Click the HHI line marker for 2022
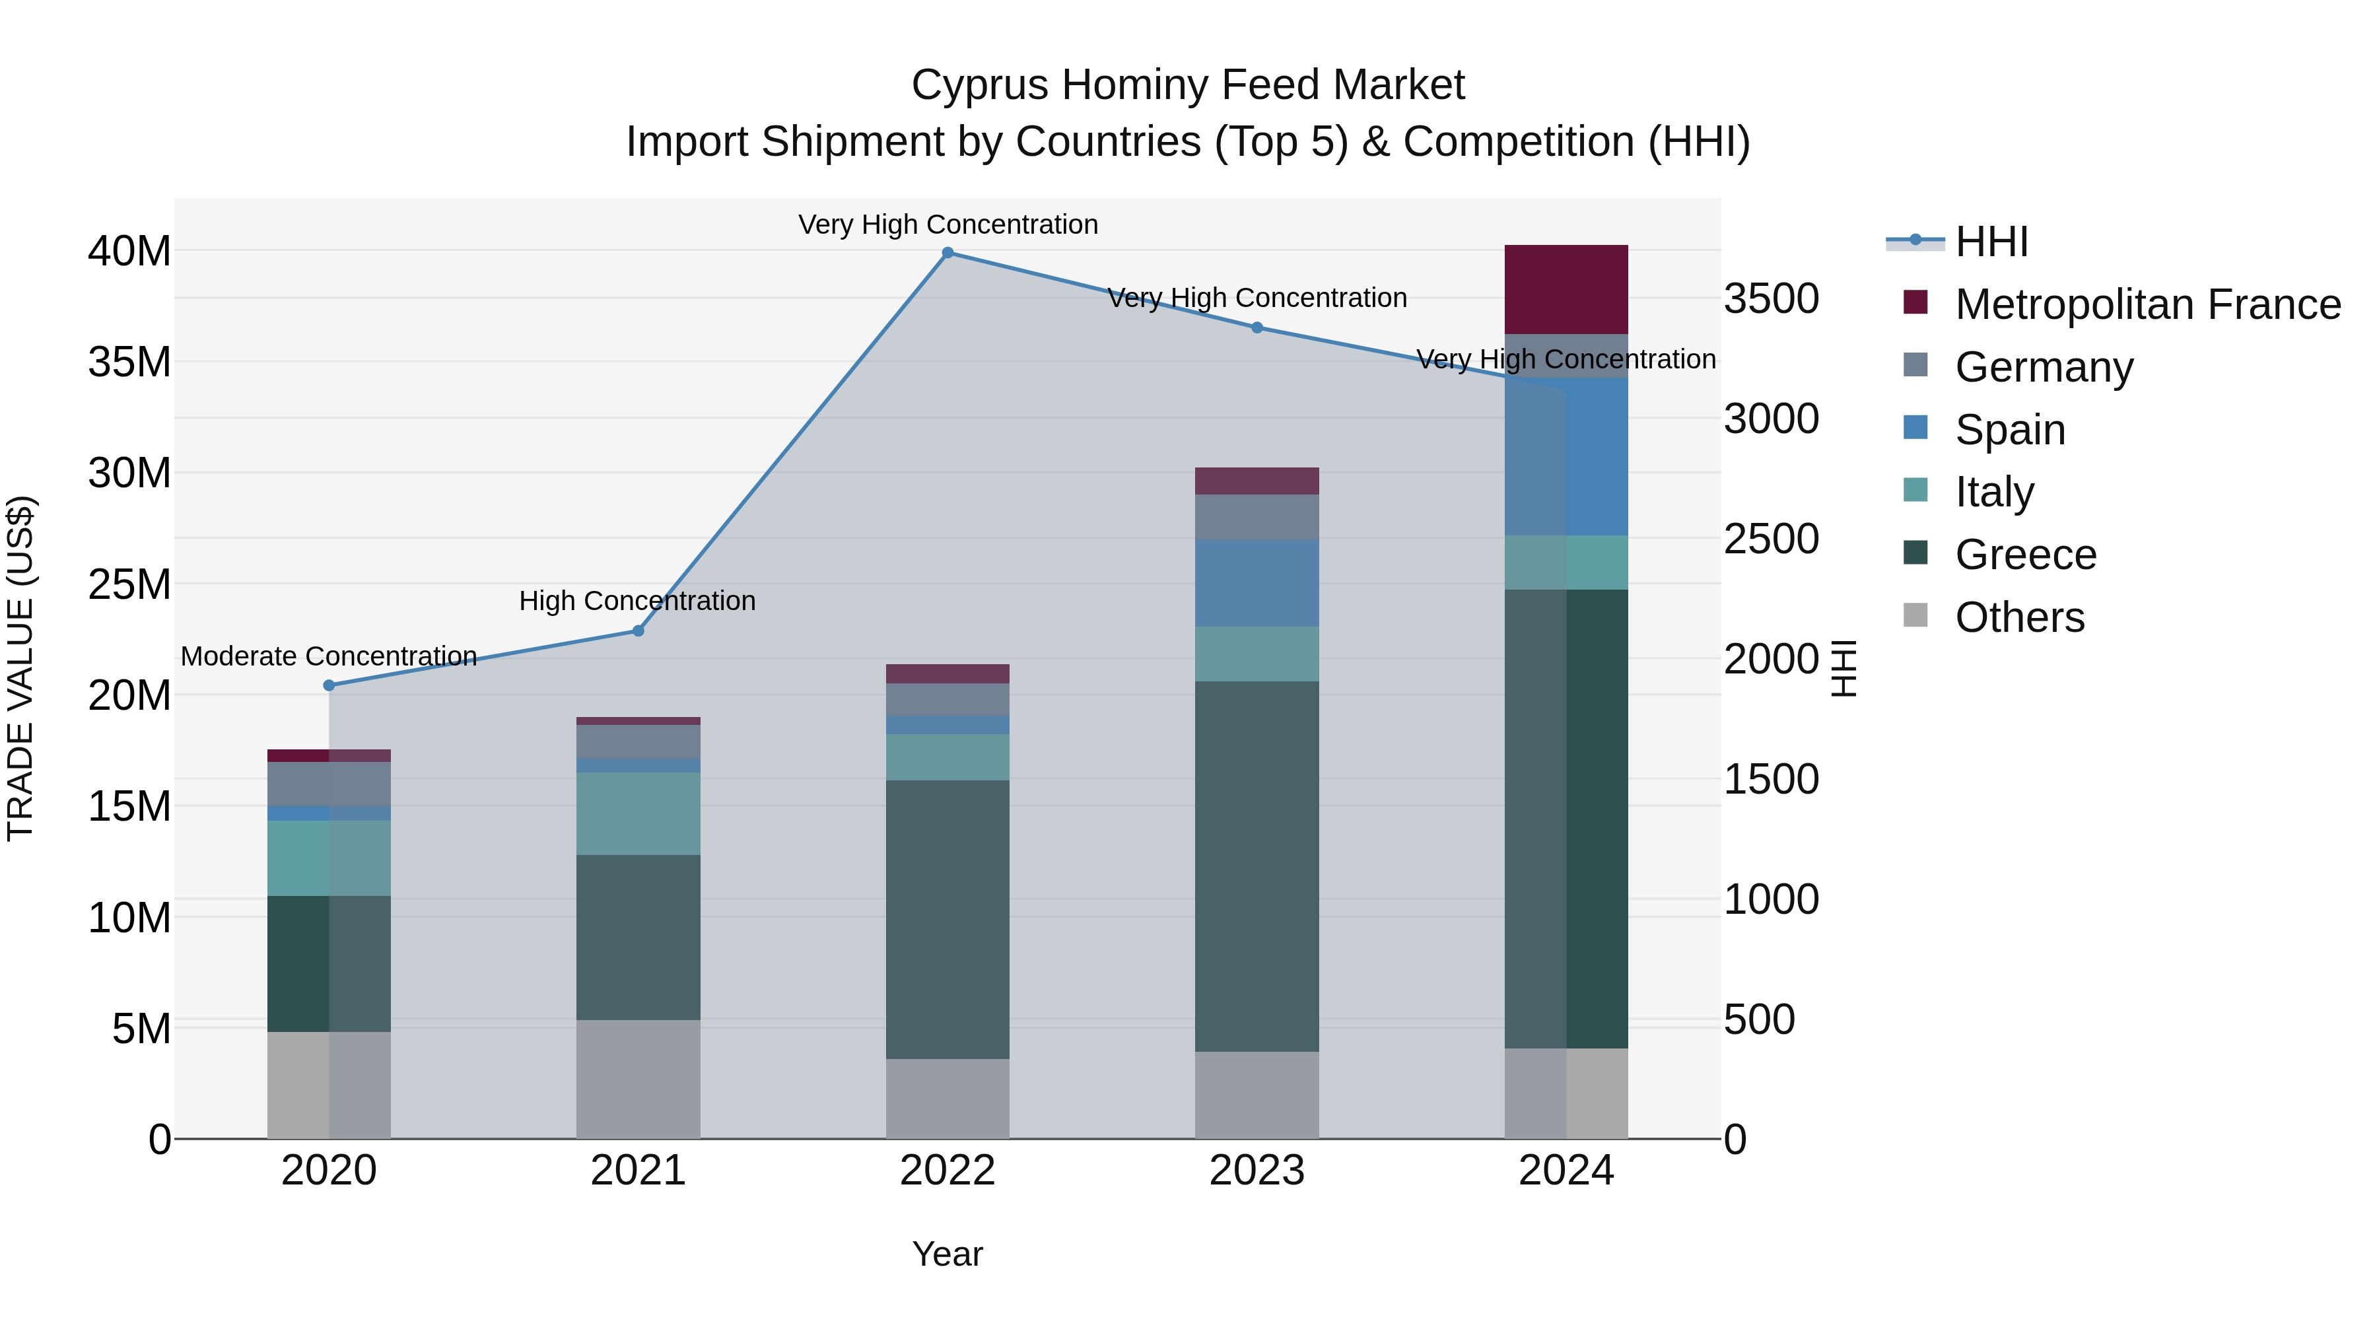(x=947, y=253)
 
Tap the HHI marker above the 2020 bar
(x=329, y=685)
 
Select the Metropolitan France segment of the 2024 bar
(x=1566, y=289)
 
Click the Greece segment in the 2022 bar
(x=947, y=919)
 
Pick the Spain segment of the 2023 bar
(x=1257, y=583)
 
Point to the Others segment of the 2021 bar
(x=638, y=1079)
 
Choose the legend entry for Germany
(x=2043, y=367)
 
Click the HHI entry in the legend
(x=1991, y=242)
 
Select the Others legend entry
(x=2019, y=617)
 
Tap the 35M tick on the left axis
(x=129, y=362)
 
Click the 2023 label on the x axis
(x=1257, y=1171)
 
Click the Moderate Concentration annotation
(x=329, y=656)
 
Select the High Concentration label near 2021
(x=638, y=601)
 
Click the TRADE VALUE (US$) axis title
(x=20, y=668)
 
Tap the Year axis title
(x=947, y=1254)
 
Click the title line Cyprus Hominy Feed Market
(x=1188, y=85)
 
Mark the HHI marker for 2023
(x=1257, y=327)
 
